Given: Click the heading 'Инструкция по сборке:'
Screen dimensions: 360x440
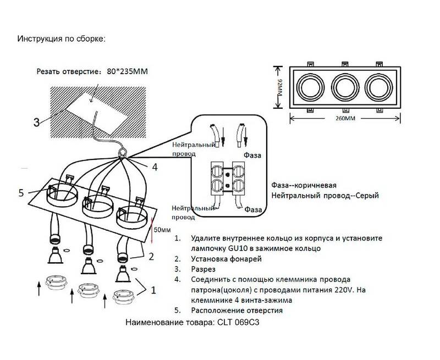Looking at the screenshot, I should click(61, 40).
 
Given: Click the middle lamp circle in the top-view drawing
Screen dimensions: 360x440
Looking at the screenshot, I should click(344, 86).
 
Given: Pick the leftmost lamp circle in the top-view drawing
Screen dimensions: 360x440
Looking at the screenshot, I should click(307, 86).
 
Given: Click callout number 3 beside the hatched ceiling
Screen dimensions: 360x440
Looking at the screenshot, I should click(36, 122).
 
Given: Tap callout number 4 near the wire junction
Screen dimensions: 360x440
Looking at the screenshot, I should click(155, 167).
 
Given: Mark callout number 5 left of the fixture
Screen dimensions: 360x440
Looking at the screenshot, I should click(21, 192).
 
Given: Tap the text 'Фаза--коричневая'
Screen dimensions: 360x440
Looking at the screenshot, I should click(304, 185).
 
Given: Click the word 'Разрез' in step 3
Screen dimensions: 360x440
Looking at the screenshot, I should click(203, 269).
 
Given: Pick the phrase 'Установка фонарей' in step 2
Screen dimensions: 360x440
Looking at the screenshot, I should click(226, 258).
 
